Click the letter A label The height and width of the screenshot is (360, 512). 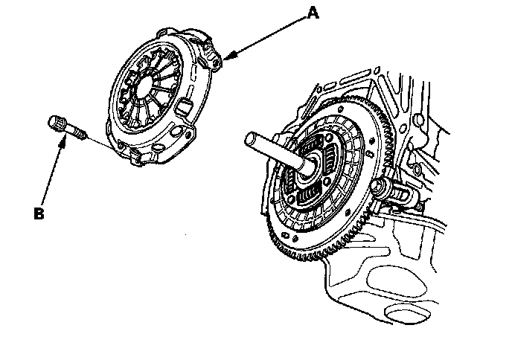tap(314, 13)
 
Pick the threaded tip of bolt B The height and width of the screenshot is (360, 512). tap(80, 134)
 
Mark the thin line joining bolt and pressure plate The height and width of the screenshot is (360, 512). tap(104, 144)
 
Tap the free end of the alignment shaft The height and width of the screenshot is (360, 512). tap(252, 140)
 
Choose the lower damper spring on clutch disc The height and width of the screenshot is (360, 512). tap(311, 198)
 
